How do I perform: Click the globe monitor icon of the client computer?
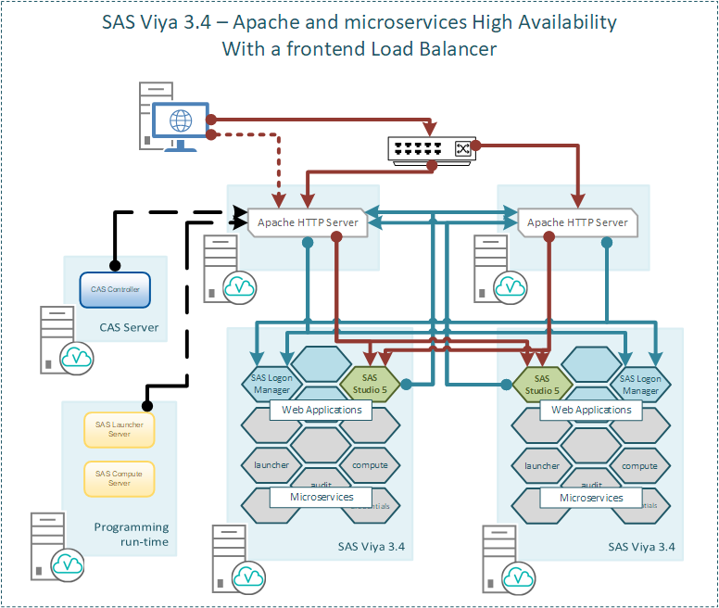coord(181,120)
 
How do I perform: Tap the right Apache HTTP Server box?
coord(577,222)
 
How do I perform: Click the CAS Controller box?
coord(115,290)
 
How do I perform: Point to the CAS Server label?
coord(129,327)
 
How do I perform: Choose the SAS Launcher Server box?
coord(119,429)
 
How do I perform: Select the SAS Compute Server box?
coord(119,478)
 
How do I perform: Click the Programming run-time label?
coord(132,534)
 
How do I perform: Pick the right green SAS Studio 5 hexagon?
coord(542,384)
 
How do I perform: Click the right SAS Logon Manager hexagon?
coord(640,384)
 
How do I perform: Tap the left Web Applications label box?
coord(321,410)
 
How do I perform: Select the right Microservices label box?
coord(591,498)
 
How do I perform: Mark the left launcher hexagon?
coord(271,465)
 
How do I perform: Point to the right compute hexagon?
coord(639,465)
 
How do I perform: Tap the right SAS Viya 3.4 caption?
coord(641,547)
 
